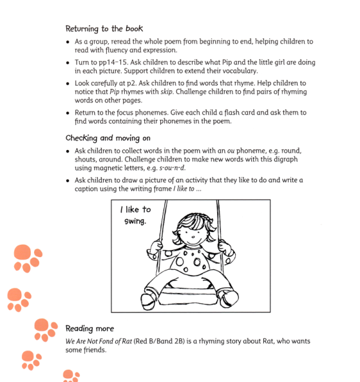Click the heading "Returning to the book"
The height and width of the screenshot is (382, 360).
(x=104, y=28)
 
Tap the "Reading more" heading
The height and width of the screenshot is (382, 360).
(x=90, y=329)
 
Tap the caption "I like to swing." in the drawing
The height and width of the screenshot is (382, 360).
(x=136, y=215)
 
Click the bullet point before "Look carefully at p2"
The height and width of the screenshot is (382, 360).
(x=68, y=84)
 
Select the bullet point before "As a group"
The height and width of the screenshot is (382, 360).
(x=68, y=42)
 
